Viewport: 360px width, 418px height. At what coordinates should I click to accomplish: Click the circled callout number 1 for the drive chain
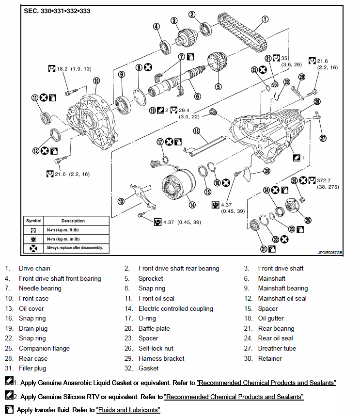(265, 19)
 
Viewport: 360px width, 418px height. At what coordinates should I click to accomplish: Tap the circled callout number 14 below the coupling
(192, 205)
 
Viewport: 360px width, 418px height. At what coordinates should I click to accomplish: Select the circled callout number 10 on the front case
(96, 80)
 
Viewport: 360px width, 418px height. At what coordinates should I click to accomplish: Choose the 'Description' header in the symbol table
(73, 221)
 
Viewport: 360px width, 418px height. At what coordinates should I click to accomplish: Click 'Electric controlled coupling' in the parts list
(175, 308)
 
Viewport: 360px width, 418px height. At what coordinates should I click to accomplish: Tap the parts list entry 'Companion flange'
(44, 348)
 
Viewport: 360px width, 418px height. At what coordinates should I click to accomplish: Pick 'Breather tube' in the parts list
(277, 348)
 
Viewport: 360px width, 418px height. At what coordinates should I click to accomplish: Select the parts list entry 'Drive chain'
(34, 268)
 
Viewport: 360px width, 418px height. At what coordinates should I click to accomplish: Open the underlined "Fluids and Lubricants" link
(128, 410)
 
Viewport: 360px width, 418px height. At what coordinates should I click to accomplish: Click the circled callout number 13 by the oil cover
(122, 201)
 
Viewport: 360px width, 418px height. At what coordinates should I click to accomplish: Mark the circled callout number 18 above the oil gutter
(196, 131)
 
